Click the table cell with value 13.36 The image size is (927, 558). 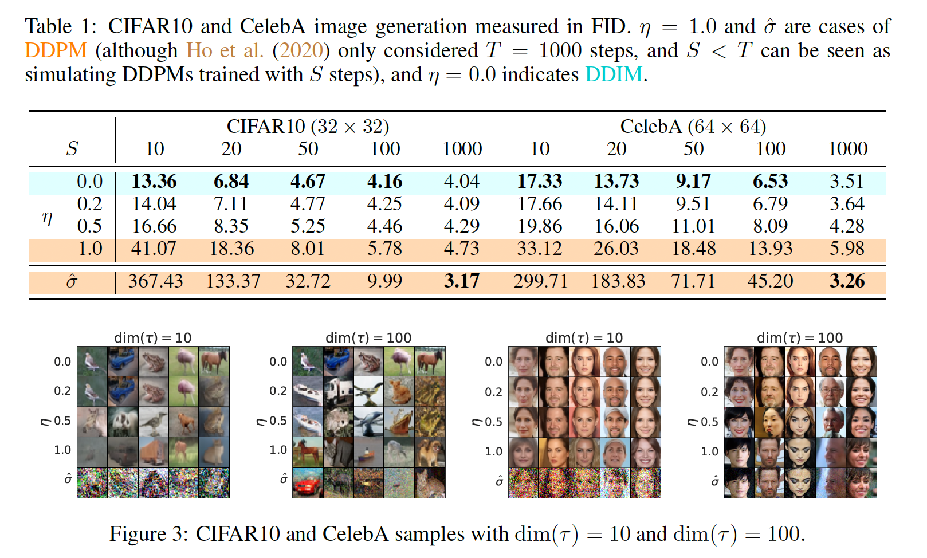[154, 182]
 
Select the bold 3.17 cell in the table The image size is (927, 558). [461, 281]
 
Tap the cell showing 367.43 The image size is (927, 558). [155, 281]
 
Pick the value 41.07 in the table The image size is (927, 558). [154, 249]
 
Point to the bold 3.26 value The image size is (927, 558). [847, 281]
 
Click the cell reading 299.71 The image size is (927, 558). [540, 281]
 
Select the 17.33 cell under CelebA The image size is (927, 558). [540, 182]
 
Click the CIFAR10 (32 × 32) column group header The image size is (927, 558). [308, 126]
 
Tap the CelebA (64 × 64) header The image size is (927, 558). [693, 126]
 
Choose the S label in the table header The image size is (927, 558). [72, 149]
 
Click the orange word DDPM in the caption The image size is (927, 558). [56, 51]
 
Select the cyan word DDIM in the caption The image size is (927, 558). [614, 75]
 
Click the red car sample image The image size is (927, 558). [308, 483]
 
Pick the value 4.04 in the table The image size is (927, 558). [461, 182]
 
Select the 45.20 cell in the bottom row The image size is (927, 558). [770, 281]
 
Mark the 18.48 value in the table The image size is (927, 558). [693, 249]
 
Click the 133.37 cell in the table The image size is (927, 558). [233, 281]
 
